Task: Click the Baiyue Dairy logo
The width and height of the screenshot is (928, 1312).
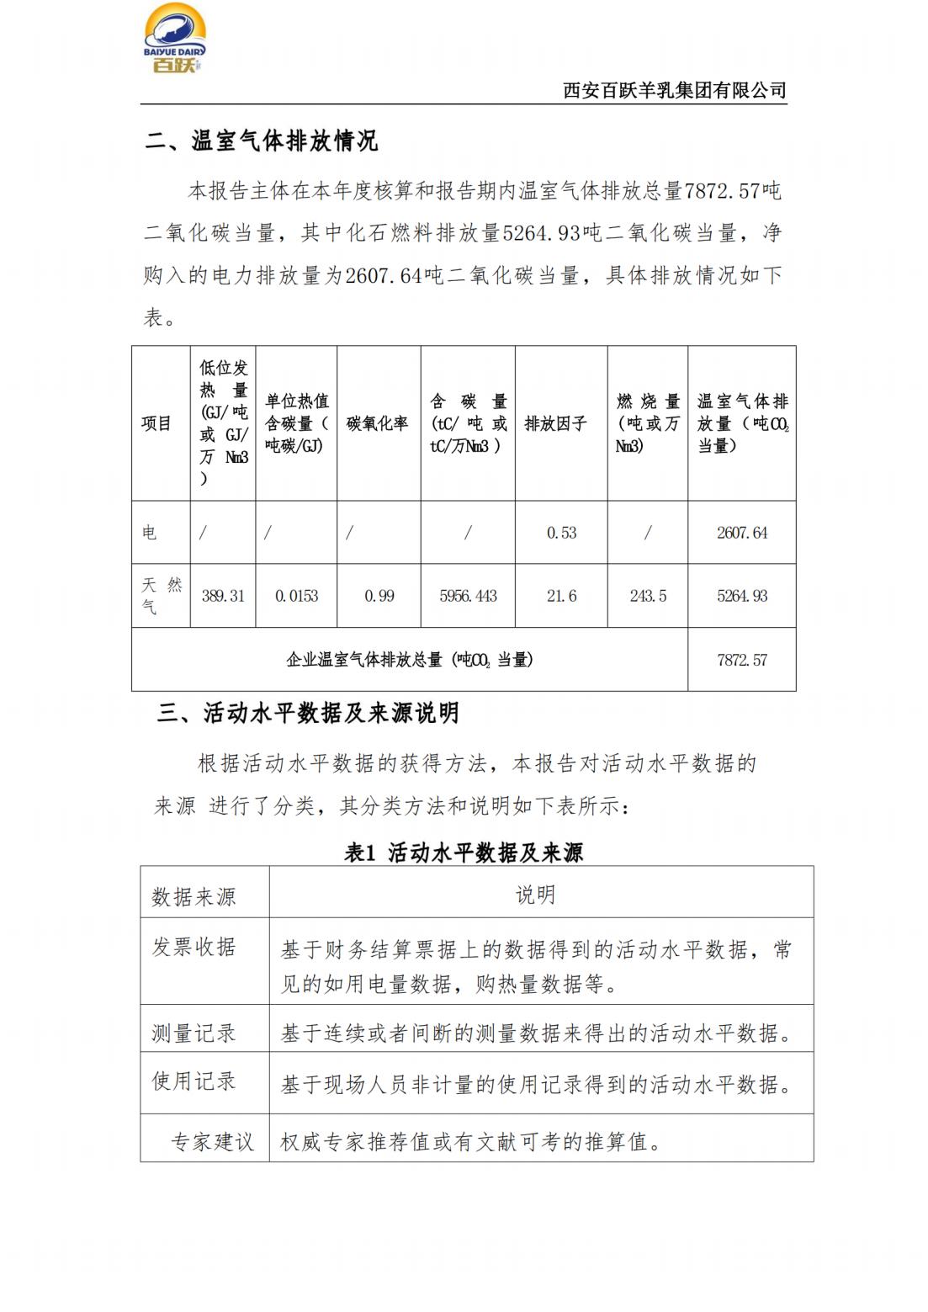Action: click(175, 39)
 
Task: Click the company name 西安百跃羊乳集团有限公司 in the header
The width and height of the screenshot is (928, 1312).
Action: click(674, 91)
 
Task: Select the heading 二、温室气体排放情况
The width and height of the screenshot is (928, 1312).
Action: click(261, 141)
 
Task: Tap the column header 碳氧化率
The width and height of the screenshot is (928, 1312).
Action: click(378, 423)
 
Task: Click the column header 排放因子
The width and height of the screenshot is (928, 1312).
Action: click(555, 423)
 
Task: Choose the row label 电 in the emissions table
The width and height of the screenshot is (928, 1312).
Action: click(149, 533)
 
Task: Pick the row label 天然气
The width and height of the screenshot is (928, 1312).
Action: click(161, 595)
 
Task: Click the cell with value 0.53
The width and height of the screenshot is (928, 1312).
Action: click(561, 533)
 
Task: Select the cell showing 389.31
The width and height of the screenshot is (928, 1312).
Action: click(223, 596)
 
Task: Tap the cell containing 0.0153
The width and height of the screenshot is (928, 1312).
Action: click(296, 596)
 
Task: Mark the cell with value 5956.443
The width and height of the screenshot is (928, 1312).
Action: click(468, 596)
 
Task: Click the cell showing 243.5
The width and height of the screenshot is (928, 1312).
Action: click(648, 596)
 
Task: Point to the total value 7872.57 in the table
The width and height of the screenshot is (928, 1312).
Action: click(742, 660)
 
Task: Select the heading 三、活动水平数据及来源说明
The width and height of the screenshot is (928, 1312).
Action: click(308, 714)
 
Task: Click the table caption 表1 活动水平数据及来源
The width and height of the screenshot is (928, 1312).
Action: click(464, 853)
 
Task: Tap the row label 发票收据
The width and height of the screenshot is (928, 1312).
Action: click(194, 947)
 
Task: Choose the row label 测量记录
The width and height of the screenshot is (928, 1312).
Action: click(194, 1033)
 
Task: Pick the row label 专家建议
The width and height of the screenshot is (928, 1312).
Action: click(212, 1141)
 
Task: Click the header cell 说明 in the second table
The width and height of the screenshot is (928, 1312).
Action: click(535, 895)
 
